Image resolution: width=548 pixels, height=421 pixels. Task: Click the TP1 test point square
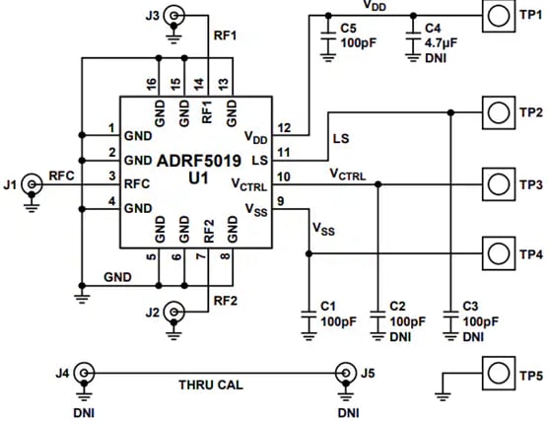[x=499, y=17]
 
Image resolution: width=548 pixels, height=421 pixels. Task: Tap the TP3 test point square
[x=499, y=182]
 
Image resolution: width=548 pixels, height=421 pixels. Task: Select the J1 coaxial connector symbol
[x=33, y=183]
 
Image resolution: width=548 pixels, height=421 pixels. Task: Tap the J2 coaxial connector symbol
[x=174, y=313]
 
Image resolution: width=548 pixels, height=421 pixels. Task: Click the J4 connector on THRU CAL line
[x=85, y=373]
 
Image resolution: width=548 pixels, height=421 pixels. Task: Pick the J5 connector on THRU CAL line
[x=345, y=373]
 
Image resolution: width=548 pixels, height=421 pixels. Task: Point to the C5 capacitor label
[x=348, y=29]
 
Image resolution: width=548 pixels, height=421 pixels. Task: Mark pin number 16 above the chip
[x=151, y=84]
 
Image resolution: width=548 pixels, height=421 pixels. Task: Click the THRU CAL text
[x=211, y=386]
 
